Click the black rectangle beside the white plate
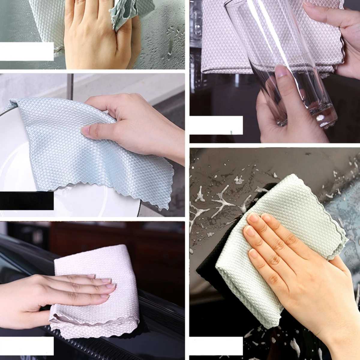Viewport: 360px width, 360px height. [27, 201]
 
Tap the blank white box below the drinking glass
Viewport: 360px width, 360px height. [216, 125]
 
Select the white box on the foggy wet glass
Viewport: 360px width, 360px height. [27, 51]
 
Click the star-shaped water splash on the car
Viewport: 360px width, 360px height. [222, 204]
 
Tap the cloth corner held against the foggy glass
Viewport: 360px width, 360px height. [126, 15]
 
